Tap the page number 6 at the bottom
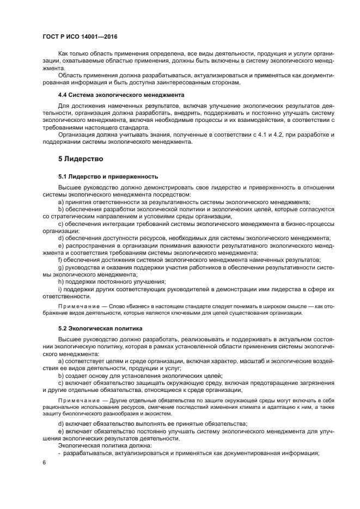coord(44,462)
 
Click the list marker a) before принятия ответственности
coord(61,202)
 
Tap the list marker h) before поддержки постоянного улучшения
coord(61,281)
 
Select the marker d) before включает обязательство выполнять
coord(61,424)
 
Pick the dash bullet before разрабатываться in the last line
coord(59,453)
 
